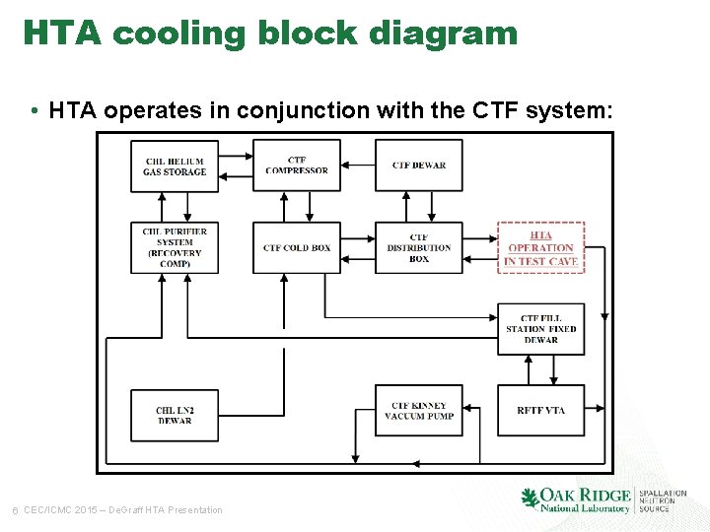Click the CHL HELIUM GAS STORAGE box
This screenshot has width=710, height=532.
(x=175, y=166)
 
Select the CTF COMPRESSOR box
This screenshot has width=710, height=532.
(x=297, y=166)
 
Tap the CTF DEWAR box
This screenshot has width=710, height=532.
(x=418, y=166)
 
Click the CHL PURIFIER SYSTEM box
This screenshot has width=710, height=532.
(x=175, y=247)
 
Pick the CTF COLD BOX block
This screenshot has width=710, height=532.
(x=297, y=247)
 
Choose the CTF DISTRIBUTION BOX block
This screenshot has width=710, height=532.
(x=418, y=247)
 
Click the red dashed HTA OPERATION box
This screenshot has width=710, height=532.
(x=540, y=247)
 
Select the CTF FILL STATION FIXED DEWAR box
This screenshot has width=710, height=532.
(x=540, y=328)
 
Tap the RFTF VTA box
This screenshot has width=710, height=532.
(x=540, y=410)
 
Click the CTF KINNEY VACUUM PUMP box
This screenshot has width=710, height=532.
(x=418, y=410)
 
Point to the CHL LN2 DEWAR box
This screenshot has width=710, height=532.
(x=175, y=416)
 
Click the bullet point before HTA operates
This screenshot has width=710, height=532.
(x=35, y=110)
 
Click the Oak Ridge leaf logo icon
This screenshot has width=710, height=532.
(x=530, y=498)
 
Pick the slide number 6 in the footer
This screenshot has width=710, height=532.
(x=14, y=509)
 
